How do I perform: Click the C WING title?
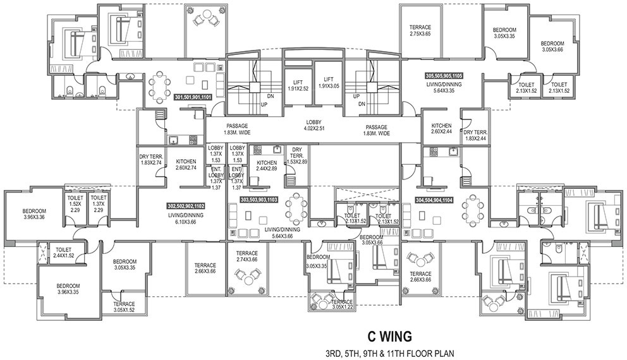pos(389,337)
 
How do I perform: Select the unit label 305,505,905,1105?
pos(444,75)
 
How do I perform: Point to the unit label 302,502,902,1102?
pos(186,206)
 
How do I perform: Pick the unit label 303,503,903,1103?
pos(259,200)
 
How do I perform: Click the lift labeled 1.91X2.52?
pos(298,85)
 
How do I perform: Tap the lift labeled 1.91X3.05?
pos(329,82)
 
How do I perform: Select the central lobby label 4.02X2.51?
pos(314,126)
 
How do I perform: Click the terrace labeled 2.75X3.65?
pos(420,31)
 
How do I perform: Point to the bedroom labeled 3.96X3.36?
pos(34,214)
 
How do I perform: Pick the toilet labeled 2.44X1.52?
pos(64,253)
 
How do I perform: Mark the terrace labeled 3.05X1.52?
pos(124,307)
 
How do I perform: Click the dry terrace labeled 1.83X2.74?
pos(150,160)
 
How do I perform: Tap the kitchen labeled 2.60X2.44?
pos(441,128)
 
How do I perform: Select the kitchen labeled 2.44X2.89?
pos(267,166)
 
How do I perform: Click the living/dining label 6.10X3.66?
pos(186,219)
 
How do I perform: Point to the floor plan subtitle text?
pos(389,353)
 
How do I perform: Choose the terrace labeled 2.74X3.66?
pos(247,256)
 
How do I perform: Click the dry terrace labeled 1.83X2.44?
pos(475,135)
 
